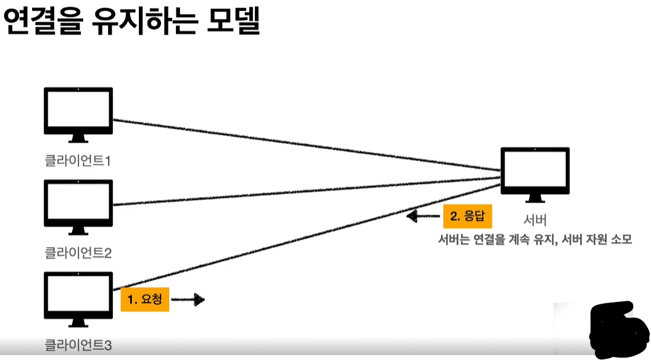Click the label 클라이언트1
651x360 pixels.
78,161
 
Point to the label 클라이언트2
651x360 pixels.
78,253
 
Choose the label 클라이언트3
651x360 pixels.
78,345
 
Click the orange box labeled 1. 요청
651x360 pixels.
145,299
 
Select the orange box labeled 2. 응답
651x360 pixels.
467,216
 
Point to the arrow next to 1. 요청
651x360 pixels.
188,300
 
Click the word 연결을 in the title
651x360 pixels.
41,23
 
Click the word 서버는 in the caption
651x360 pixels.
454,239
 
